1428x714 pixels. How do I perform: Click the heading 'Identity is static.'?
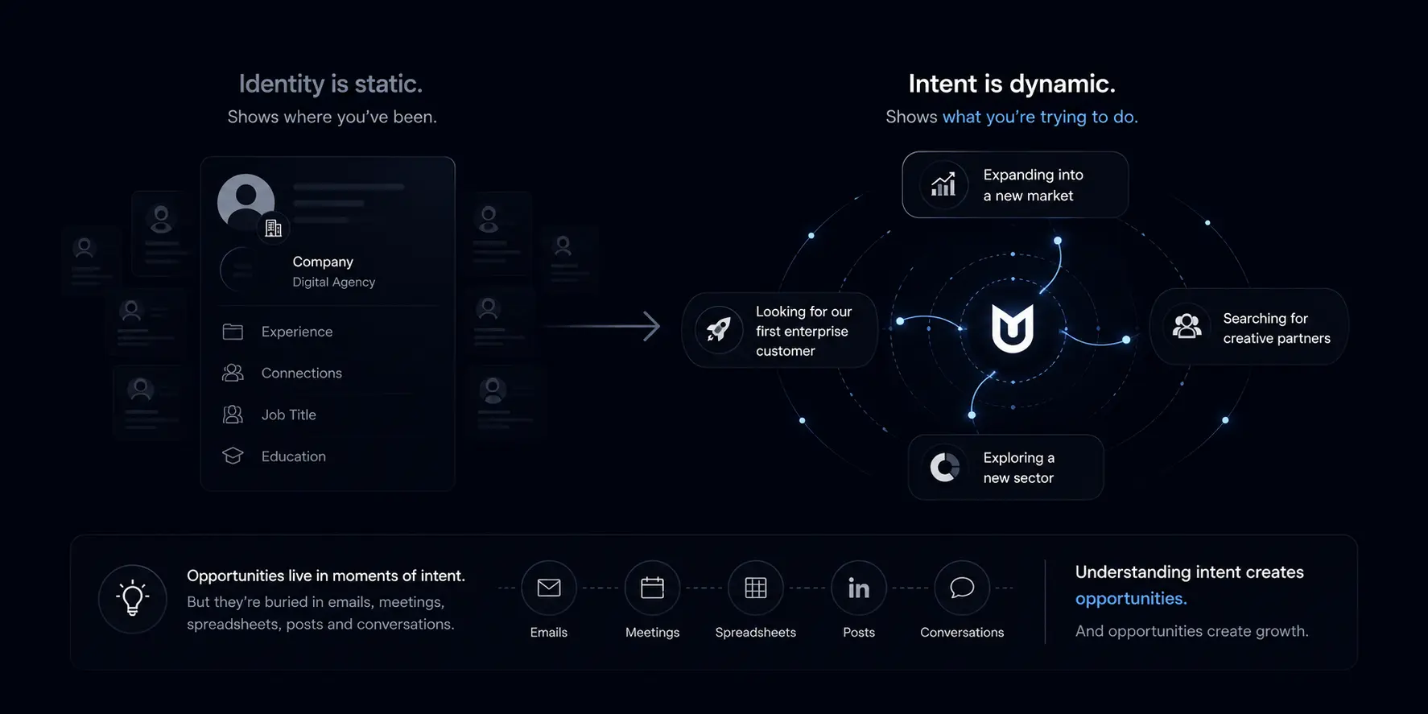coord(330,84)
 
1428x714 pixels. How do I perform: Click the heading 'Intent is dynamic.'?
coord(1012,84)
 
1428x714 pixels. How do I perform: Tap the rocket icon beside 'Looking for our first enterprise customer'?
coord(718,330)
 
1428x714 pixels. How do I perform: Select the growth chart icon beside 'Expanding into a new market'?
coord(943,184)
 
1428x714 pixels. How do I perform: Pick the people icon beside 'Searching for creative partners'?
coord(1187,326)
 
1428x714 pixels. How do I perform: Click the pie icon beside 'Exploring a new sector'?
coord(945,467)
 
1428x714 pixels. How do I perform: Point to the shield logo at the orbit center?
coord(1012,328)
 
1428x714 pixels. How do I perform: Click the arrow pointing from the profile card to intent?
coord(602,326)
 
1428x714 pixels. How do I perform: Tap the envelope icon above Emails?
coord(549,588)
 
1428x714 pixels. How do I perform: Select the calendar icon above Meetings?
coord(652,588)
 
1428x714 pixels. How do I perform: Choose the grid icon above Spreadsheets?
coord(756,588)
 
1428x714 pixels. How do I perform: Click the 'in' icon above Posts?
coord(859,588)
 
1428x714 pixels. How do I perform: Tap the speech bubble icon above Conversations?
coord(962,588)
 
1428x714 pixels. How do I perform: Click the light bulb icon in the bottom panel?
coord(133,598)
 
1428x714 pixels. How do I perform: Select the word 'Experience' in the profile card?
coord(297,332)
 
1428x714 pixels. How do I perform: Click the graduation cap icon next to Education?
coord(233,456)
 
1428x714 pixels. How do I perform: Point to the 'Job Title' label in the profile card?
coord(289,415)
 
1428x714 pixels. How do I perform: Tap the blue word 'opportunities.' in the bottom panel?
coord(1131,599)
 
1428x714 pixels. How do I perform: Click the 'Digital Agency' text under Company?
coord(334,282)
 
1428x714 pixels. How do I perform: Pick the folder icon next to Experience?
coord(233,332)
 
